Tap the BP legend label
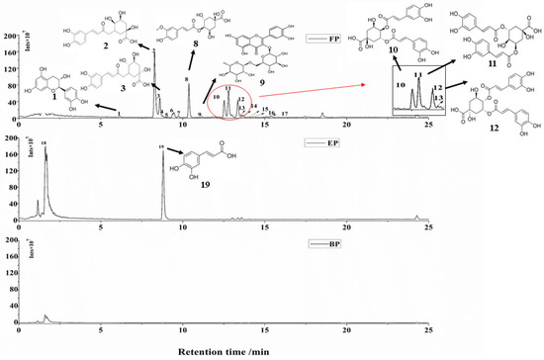click(329, 242)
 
